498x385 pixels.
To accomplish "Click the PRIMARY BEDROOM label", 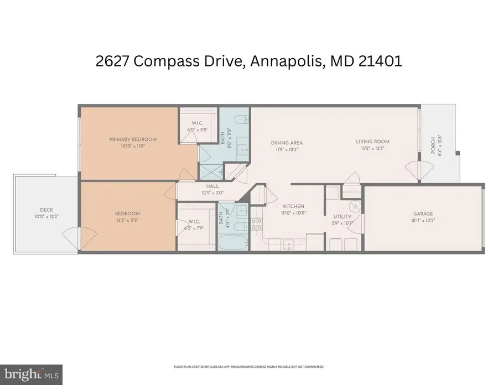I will tap(133, 139).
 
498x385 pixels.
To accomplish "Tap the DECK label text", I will tap(46, 210).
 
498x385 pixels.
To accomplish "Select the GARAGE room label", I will tap(423, 214).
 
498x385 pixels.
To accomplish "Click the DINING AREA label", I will tap(287, 143).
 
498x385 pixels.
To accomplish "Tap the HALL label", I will tap(212, 186).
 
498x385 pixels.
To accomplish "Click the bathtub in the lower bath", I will tap(232, 242).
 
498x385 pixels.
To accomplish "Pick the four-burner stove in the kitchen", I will tap(257, 223).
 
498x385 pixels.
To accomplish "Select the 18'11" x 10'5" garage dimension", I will tap(423, 221).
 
